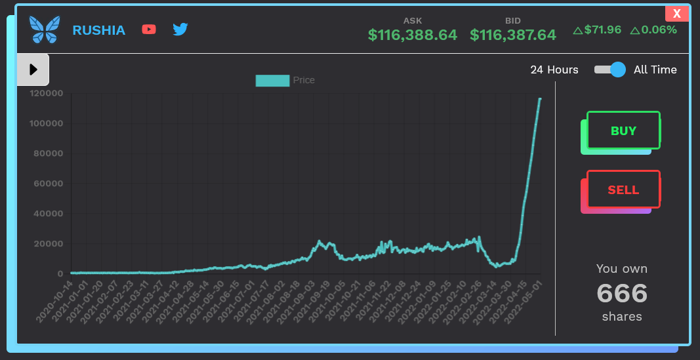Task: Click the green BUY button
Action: [623, 130]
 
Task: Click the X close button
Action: [677, 14]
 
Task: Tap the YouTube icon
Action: [149, 30]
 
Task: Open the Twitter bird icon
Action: [180, 30]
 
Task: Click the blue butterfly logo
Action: [45, 30]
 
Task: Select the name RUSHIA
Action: [98, 30]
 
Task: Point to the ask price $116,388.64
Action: [412, 35]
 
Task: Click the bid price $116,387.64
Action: [513, 35]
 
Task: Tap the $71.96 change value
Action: [598, 30]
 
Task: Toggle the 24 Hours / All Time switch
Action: [610, 70]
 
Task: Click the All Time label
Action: [655, 70]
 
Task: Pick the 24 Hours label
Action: [554, 70]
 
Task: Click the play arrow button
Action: [33, 70]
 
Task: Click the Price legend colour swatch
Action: [272, 80]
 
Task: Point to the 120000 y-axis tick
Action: [47, 94]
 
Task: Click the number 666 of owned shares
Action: [622, 293]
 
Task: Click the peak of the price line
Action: [540, 99]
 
